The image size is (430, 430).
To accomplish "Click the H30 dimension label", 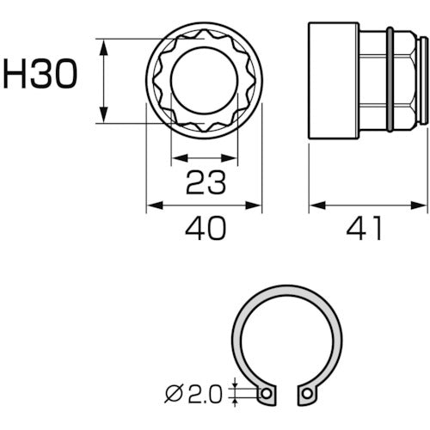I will [x=40, y=75].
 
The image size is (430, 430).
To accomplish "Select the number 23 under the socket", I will [x=204, y=181].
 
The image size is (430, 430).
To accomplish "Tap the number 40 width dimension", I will [x=204, y=229].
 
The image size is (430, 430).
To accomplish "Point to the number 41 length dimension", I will [x=368, y=229].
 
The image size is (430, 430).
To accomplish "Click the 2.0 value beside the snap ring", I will [x=203, y=394].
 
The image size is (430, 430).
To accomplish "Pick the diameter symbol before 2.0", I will [x=172, y=394].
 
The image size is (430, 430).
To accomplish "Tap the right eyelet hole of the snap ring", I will [x=305, y=394].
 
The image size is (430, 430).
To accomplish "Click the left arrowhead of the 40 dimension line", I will [x=152, y=206].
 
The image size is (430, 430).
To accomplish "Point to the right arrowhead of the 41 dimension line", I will [x=422, y=206].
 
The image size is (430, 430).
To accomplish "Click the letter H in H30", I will [x=17, y=75].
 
